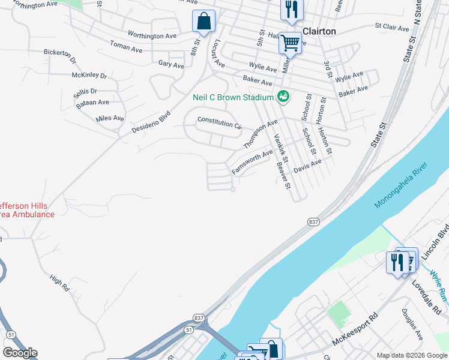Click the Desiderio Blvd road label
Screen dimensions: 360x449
(x=151, y=121)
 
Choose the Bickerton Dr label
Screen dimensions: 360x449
(x=60, y=56)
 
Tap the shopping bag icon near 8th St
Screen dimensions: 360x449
(x=204, y=22)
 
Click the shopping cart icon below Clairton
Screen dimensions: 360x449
(x=290, y=43)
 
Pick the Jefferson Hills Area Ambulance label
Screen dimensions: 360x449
(x=27, y=209)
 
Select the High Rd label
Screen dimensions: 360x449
(x=60, y=283)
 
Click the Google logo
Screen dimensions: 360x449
(x=20, y=353)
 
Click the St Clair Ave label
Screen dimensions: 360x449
(x=391, y=26)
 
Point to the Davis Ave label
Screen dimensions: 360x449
(x=307, y=166)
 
